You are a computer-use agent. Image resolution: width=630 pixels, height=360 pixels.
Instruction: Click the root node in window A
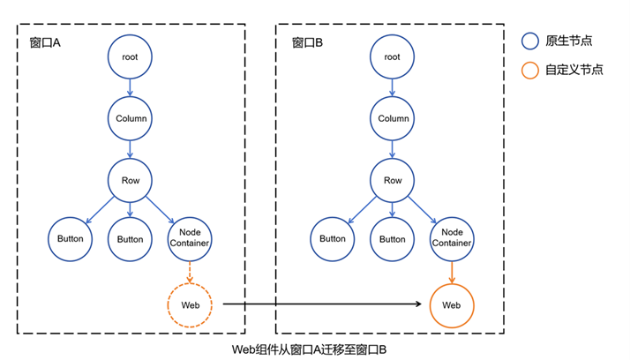(x=131, y=57)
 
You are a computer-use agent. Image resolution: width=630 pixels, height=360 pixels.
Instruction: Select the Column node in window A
(x=131, y=118)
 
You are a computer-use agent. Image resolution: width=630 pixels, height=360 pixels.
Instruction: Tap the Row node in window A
(x=131, y=179)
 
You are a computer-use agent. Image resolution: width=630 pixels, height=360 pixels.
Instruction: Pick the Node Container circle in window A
(x=190, y=239)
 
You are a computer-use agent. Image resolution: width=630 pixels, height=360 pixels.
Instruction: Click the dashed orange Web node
(x=190, y=304)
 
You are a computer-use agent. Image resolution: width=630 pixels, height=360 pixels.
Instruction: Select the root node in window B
(x=394, y=57)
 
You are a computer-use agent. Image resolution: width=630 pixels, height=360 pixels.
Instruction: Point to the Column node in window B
(x=394, y=118)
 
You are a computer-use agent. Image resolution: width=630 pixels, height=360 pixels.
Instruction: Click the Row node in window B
(x=394, y=179)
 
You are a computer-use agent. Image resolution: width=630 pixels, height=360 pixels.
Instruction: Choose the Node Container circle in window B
(x=452, y=239)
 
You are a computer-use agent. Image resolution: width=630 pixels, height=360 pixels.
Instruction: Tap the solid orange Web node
(x=452, y=304)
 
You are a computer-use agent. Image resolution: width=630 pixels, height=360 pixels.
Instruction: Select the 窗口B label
(x=308, y=41)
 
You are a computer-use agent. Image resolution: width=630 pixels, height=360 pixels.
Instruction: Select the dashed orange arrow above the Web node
(x=190, y=272)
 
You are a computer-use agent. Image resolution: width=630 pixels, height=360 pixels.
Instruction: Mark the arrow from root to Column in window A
(x=131, y=88)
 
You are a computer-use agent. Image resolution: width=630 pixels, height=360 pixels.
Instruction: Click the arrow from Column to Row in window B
(x=394, y=149)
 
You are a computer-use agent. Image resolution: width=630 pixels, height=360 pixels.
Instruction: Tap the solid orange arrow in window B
(x=452, y=272)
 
